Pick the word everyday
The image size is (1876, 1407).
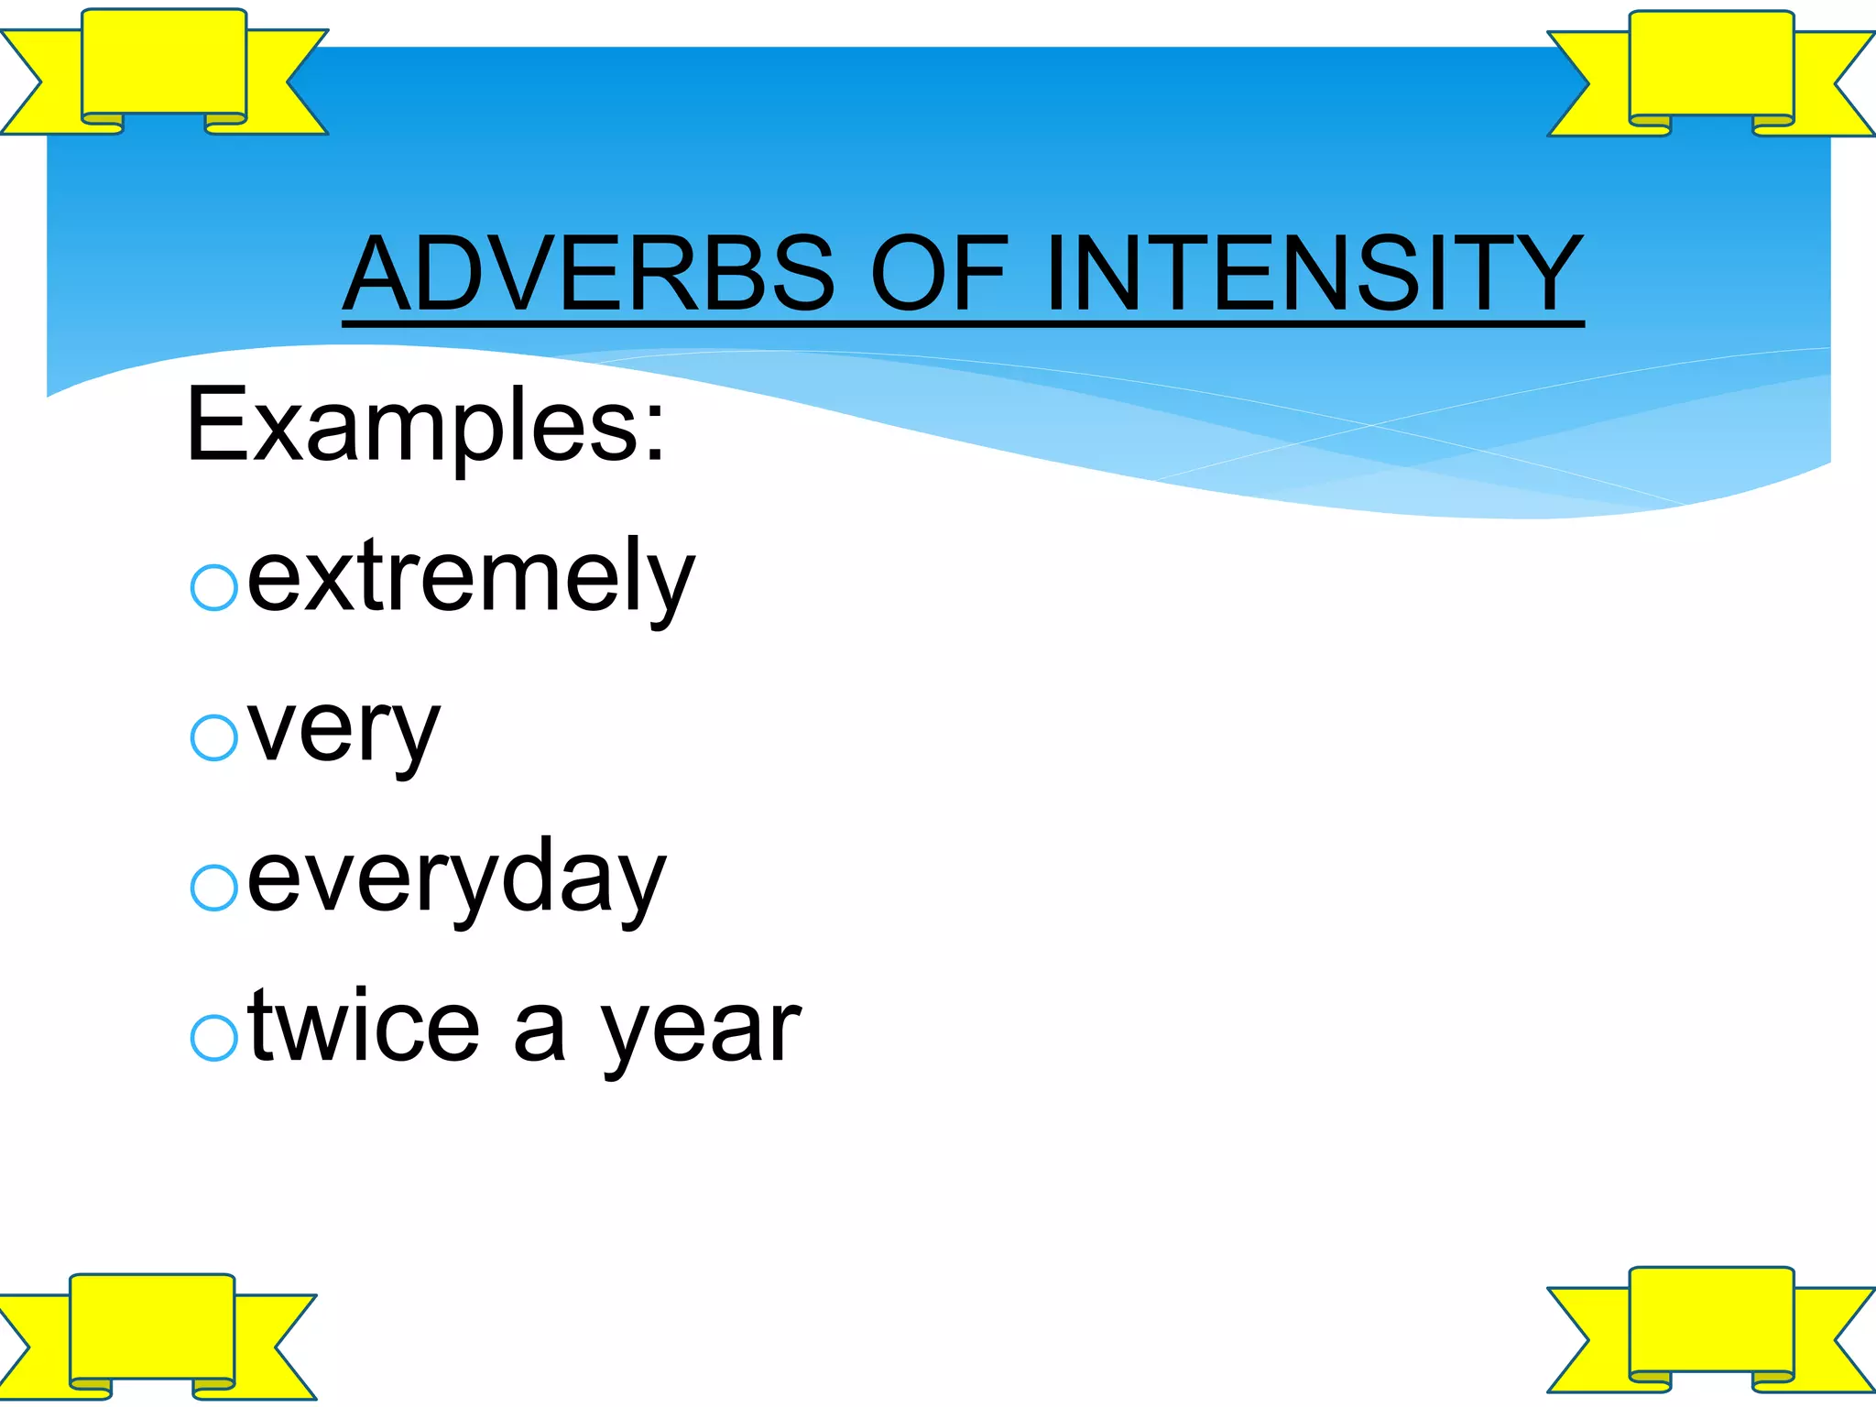(456, 879)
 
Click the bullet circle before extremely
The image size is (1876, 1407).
(214, 587)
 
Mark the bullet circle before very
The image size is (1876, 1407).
(214, 737)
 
